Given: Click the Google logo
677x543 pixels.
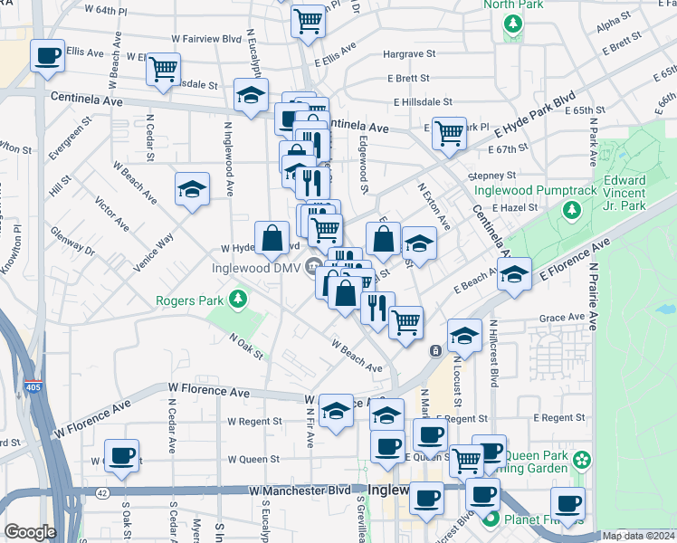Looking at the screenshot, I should point(30,532).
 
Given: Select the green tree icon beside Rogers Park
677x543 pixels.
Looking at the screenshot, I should point(237,299).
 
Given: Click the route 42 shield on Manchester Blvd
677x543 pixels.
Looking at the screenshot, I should point(103,493).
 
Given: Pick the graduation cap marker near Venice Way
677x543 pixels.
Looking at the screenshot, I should point(192,188).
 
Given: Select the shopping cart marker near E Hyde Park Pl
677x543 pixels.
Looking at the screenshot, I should point(449,133).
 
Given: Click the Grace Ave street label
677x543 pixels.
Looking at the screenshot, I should point(562,318).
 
